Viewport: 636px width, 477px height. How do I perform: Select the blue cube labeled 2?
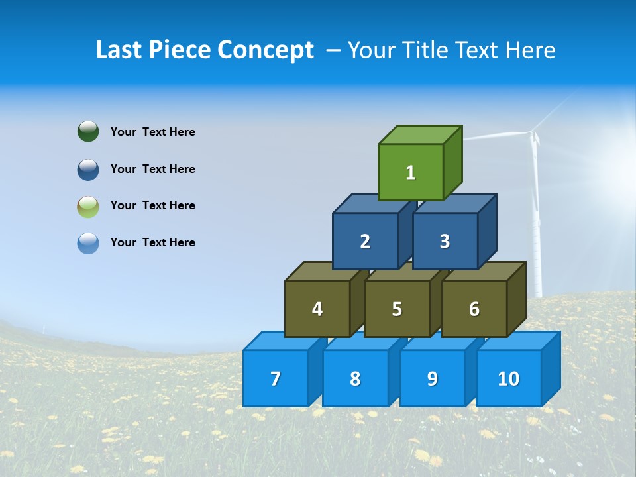[365, 241]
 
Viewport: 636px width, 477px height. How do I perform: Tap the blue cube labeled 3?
[445, 241]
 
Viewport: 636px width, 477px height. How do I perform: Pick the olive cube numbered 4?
[317, 309]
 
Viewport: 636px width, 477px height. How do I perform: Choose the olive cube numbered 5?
[397, 309]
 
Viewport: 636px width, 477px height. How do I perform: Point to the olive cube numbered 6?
[474, 309]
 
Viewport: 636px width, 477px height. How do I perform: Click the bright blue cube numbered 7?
[276, 378]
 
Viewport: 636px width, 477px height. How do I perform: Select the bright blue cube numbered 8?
[355, 378]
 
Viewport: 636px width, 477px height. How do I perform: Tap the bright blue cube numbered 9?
[432, 378]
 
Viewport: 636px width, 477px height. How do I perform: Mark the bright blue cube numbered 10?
[508, 378]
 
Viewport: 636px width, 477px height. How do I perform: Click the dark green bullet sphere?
[88, 131]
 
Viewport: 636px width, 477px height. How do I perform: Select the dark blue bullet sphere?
[88, 169]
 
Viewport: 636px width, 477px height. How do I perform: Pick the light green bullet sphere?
[88, 206]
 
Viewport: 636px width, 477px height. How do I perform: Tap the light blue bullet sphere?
[88, 243]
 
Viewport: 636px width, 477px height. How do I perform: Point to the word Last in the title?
[120, 50]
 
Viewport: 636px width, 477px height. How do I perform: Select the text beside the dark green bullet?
[153, 132]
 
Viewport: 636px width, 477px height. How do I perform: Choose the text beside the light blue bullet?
[153, 242]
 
